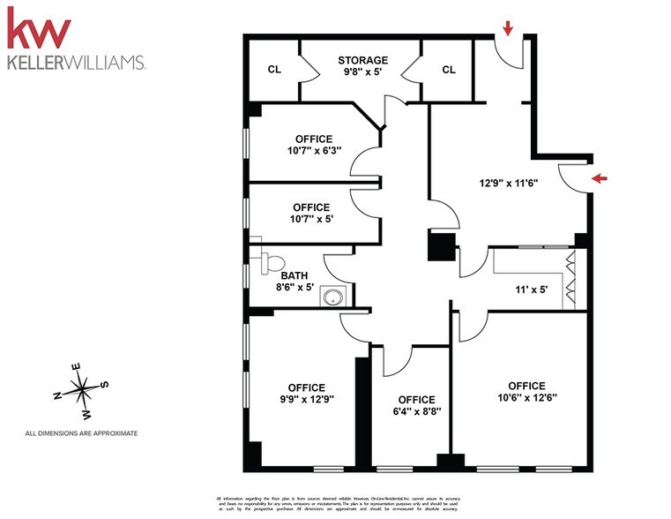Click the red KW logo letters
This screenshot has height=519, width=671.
pyautogui.click(x=39, y=29)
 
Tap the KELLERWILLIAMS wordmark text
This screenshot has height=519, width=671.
pyautogui.click(x=76, y=64)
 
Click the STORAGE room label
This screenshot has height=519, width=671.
pyautogui.click(x=362, y=61)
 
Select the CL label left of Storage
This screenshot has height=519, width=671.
pyautogui.click(x=273, y=70)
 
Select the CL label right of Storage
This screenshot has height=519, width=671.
pyautogui.click(x=448, y=70)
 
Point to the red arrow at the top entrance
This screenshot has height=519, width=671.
pyautogui.click(x=508, y=30)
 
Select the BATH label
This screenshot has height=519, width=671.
pyautogui.click(x=293, y=275)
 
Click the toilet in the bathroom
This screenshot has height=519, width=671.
pyautogui.click(x=272, y=261)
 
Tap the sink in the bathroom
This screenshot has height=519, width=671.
pyautogui.click(x=332, y=297)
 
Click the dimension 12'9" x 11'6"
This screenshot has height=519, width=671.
pyautogui.click(x=509, y=184)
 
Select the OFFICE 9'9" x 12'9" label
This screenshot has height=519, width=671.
pyautogui.click(x=306, y=394)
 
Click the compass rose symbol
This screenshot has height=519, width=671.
pyautogui.click(x=80, y=388)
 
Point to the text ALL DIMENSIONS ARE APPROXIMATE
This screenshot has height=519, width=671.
pyautogui.click(x=81, y=433)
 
